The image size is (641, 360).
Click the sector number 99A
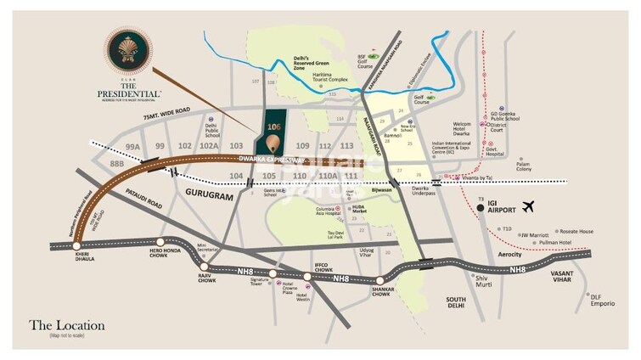pyautogui.click(x=132, y=146)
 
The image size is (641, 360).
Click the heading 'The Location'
pyautogui.click(x=67, y=325)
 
